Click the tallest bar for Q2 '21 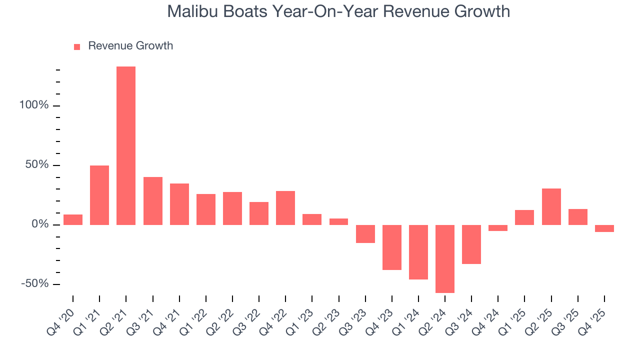(126, 145)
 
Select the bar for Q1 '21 (99, 195)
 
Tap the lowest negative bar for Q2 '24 (445, 258)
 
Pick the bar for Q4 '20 (73, 219)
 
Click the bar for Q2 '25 (551, 206)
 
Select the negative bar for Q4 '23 (392, 247)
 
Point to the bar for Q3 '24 (471, 244)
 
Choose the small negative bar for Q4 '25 (604, 228)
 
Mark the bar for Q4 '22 (285, 207)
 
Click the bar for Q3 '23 (365, 233)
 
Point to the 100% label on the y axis (34, 105)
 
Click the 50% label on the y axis (37, 165)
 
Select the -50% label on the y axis (35, 284)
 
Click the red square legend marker (77, 46)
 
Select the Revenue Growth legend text (130, 46)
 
